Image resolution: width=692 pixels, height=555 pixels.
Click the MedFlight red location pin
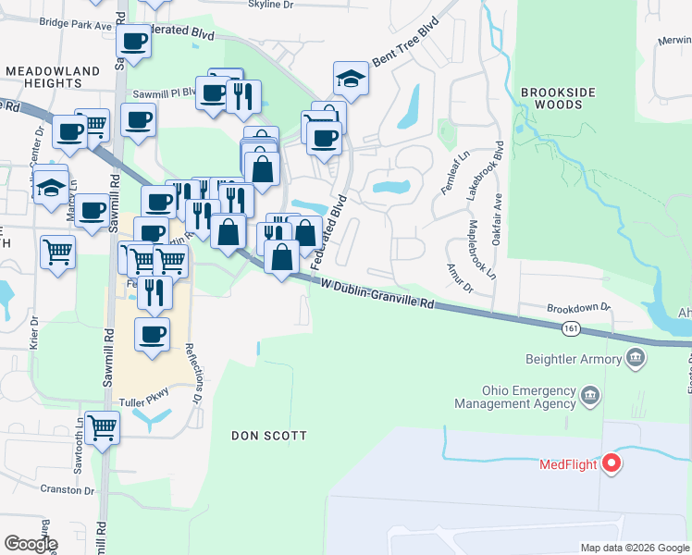pos(611,463)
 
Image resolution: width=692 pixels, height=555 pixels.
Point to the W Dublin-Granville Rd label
pos(378,294)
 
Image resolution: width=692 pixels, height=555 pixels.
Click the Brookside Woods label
pos(551,99)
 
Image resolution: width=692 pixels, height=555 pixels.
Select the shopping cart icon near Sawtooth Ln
pos(102,427)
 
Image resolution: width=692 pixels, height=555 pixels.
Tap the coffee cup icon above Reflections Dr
pos(152,334)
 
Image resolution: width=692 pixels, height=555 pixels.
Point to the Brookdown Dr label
pos(578,307)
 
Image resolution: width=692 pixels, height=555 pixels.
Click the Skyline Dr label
pos(271,5)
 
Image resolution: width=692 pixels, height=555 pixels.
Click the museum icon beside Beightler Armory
pos(635,356)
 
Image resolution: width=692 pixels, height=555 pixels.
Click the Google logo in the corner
pos(31,543)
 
